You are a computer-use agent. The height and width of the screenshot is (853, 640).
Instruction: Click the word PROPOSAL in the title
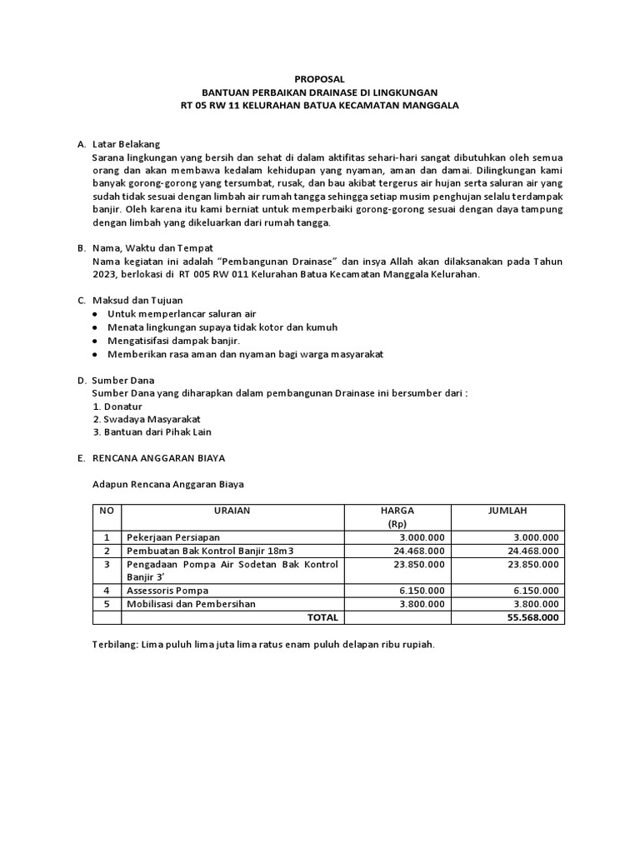point(319,77)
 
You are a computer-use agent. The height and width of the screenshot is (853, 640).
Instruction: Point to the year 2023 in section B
point(107,274)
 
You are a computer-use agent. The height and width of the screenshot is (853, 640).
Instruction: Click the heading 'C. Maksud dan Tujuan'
point(132,301)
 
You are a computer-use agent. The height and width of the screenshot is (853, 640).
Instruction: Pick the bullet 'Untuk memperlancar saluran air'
point(181,314)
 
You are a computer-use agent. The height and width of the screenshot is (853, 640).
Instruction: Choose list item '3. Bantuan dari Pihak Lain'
point(152,432)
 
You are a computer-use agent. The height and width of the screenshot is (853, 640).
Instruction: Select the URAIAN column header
point(232,511)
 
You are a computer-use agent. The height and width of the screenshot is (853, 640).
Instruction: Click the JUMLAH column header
point(507,511)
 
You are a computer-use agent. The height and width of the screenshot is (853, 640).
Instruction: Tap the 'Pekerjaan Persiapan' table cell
point(173,537)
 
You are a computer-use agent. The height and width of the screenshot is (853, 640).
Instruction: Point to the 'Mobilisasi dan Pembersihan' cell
point(191,604)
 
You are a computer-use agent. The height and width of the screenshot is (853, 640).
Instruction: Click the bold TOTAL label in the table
point(322,617)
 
